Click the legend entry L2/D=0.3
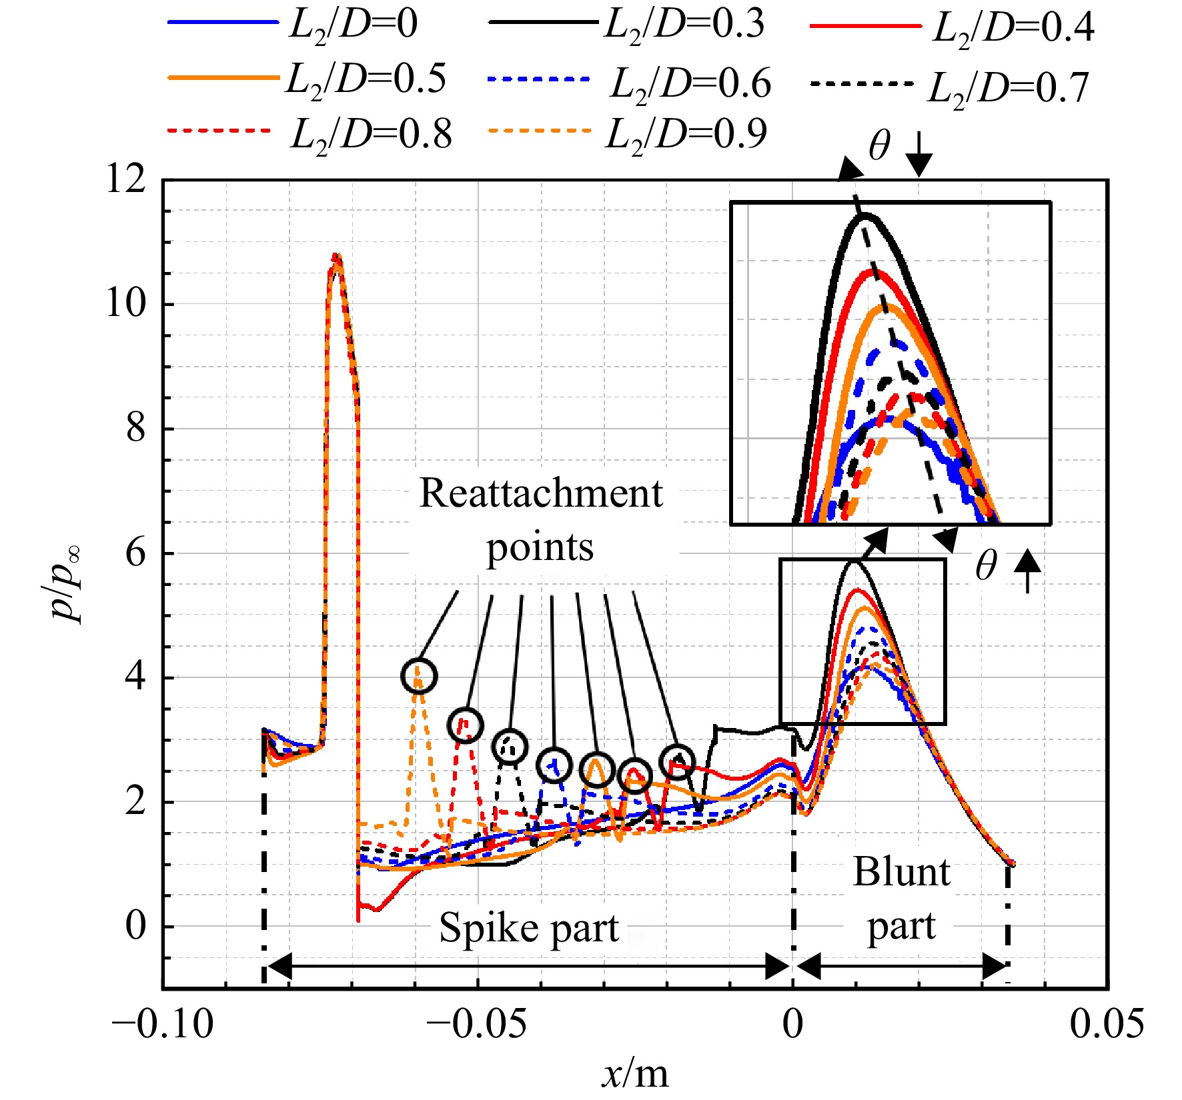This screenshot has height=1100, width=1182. [627, 25]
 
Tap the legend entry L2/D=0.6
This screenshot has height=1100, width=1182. [630, 84]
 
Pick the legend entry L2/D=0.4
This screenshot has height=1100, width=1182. [953, 29]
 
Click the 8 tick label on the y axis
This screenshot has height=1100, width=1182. [135, 428]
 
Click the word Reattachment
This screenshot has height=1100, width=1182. [541, 494]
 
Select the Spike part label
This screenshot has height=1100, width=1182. [529, 928]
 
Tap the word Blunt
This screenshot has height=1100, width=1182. [902, 872]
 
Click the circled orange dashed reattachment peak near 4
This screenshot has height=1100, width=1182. [419, 675]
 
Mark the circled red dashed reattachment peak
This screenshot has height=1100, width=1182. [466, 724]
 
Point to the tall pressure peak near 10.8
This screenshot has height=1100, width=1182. [338, 256]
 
